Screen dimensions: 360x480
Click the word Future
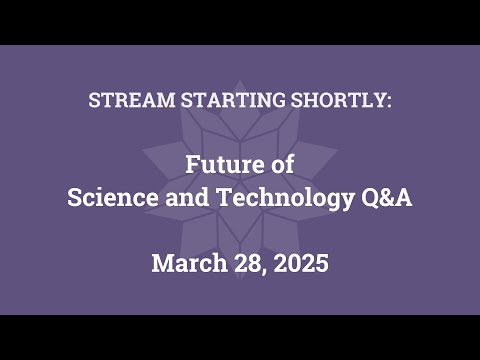click(x=225, y=163)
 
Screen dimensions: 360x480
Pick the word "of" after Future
click(x=281, y=163)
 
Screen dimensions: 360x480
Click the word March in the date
click(x=184, y=265)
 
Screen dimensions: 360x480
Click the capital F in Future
click(x=193, y=163)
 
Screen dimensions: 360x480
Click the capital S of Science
click(x=73, y=197)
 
